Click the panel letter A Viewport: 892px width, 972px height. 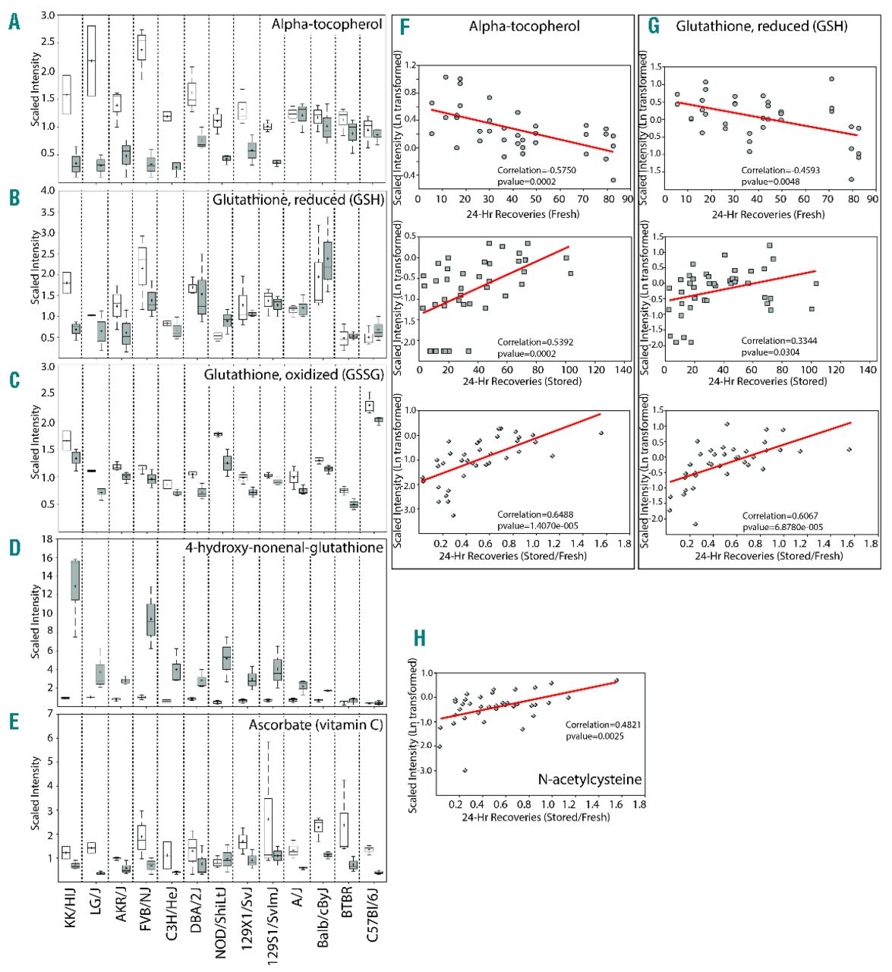tap(14, 23)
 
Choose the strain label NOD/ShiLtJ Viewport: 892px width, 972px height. tap(221, 922)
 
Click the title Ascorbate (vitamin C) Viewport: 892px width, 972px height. tap(315, 725)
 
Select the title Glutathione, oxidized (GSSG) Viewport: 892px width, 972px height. tap(294, 374)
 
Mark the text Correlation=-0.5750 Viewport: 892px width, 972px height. tap(537, 170)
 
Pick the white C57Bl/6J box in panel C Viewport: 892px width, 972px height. tap(370, 406)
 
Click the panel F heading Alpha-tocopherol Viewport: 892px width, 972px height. tap(524, 27)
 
